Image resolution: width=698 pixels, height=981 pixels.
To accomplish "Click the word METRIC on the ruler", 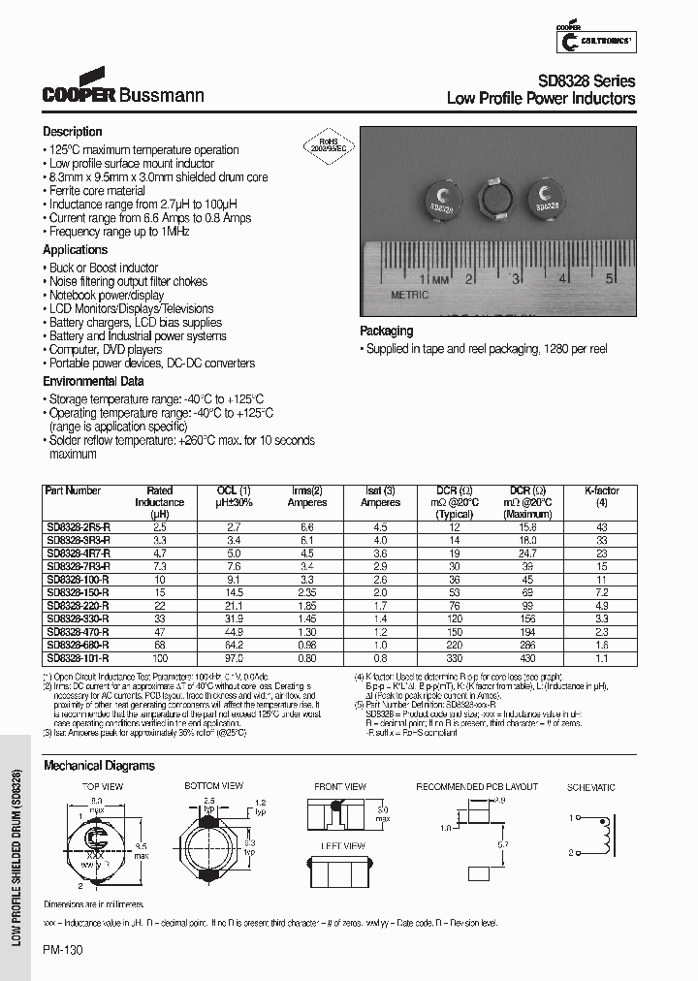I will click(x=409, y=293).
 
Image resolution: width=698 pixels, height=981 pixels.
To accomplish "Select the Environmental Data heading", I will click(x=93, y=382).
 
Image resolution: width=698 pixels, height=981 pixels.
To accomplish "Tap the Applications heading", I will click(x=75, y=250).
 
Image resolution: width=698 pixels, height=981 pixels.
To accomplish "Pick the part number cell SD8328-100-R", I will click(x=79, y=578).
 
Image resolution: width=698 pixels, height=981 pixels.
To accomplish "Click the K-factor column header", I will click(x=602, y=490).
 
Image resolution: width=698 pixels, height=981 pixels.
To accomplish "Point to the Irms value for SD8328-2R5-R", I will click(x=306, y=526).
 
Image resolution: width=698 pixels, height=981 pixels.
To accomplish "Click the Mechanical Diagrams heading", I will click(x=99, y=766).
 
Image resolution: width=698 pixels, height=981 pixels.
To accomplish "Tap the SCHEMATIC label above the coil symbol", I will click(x=590, y=787).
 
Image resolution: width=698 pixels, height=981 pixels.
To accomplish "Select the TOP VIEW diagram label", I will click(x=102, y=786).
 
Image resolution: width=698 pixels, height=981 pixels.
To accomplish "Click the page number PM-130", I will click(x=64, y=951).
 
